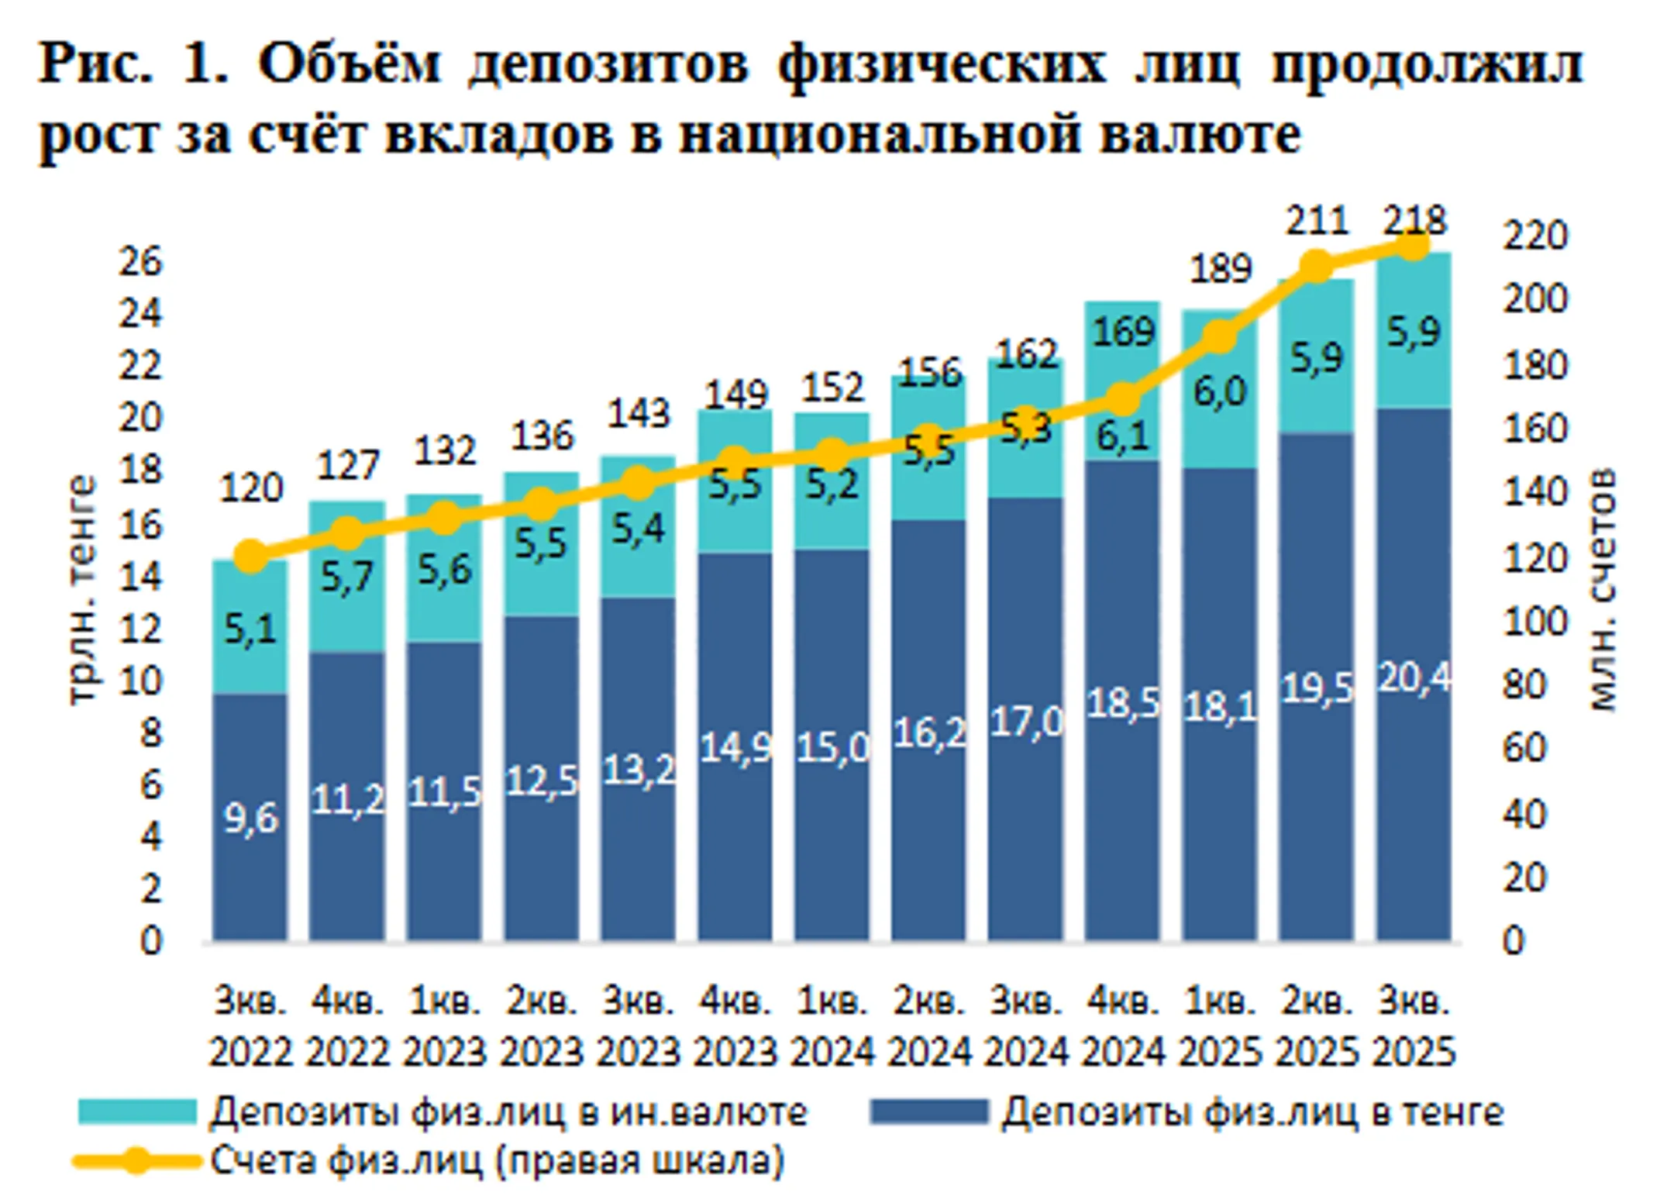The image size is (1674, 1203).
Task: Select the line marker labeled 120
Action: coord(250,556)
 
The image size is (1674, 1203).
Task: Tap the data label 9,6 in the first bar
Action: coord(250,818)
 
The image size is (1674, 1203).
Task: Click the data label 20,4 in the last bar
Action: coord(1414,678)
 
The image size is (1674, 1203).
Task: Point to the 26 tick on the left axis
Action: coord(140,262)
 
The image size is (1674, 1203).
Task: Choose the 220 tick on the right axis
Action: coord(1534,236)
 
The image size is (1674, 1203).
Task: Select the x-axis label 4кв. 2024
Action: coord(1123,1027)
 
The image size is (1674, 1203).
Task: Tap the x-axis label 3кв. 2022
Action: coord(250,1027)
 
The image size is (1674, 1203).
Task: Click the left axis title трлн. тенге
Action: coord(81,589)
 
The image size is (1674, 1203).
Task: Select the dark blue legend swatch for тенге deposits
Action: coord(928,1112)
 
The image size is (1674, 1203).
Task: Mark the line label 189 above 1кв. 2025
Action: coord(1220,269)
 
